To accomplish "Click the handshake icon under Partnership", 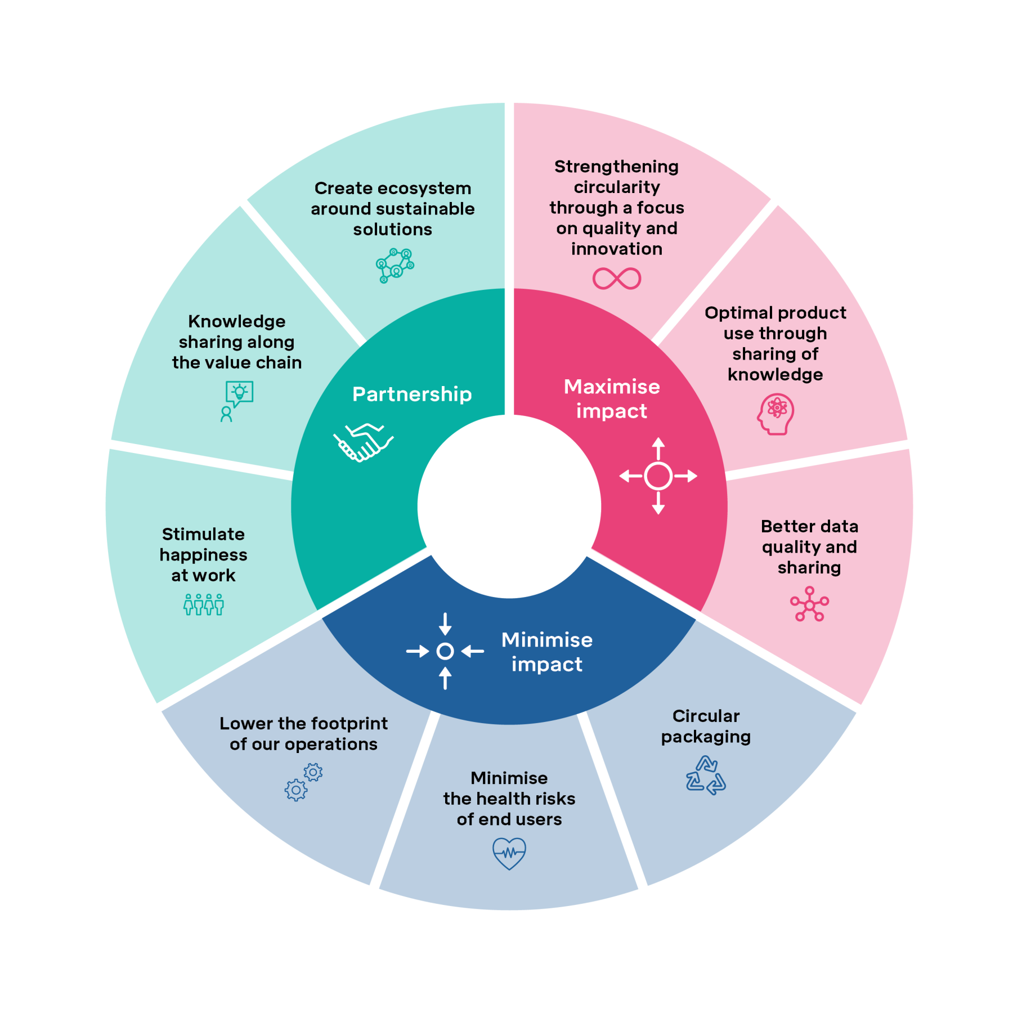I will [x=364, y=442].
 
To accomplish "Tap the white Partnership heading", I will [x=412, y=395].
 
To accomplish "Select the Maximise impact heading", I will [x=612, y=398].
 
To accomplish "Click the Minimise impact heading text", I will [x=547, y=652].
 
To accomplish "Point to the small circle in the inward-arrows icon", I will [x=445, y=651].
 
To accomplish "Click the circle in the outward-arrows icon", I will [x=658, y=476].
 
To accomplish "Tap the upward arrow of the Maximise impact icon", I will [x=658, y=449].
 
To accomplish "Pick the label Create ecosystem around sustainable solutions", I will [x=393, y=209].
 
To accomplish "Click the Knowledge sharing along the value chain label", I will [x=237, y=342].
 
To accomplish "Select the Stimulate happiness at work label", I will [x=204, y=555].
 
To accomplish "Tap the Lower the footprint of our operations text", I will [x=304, y=734].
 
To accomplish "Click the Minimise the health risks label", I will [x=509, y=799].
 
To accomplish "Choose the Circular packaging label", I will [x=706, y=726].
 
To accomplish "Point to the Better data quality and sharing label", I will [x=809, y=547].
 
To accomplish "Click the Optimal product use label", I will [x=776, y=343].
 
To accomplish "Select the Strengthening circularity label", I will [x=617, y=208].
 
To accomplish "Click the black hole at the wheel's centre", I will [x=509, y=507].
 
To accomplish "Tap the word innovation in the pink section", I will [x=617, y=249].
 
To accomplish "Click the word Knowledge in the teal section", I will [x=237, y=321].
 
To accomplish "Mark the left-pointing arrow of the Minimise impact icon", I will [x=473, y=651].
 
